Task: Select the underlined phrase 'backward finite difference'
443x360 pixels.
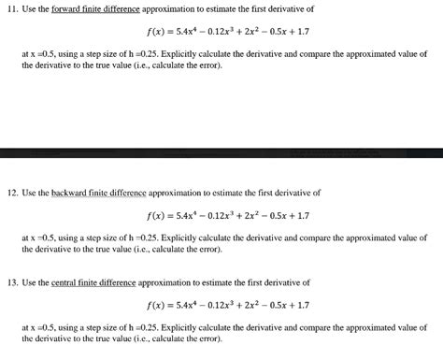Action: [x=96, y=193]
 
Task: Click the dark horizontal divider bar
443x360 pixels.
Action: [x=221, y=152]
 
